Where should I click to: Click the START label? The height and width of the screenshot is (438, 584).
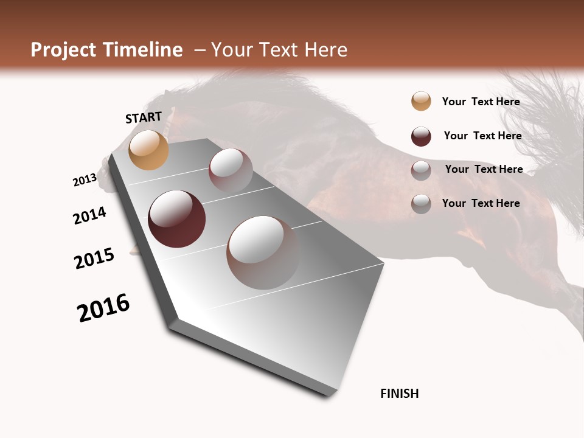[x=144, y=117]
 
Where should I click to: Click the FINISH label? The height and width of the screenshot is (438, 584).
[x=399, y=394]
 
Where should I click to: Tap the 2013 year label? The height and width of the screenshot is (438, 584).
[x=85, y=179]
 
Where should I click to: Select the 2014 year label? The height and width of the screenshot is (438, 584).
[x=89, y=215]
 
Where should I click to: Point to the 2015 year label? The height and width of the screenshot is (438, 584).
[x=94, y=259]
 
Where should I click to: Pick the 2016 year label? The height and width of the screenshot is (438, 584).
[x=103, y=308]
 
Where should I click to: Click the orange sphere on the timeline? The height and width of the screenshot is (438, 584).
[x=148, y=150]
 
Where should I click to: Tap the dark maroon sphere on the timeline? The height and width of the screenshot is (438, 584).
[x=176, y=219]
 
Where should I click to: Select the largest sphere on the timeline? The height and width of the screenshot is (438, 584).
[x=263, y=252]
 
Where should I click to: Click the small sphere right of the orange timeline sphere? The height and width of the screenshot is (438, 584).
[x=231, y=170]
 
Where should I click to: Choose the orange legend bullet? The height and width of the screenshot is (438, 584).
[x=421, y=101]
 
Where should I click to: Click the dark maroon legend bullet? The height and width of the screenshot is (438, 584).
[x=421, y=136]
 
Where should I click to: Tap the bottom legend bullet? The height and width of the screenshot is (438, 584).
[x=421, y=204]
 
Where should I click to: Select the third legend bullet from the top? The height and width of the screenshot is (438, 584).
[x=421, y=170]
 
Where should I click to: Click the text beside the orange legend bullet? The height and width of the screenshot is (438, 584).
[x=481, y=102]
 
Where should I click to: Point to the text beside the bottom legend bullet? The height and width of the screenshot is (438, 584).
[x=481, y=203]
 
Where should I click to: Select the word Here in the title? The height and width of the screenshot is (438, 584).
[x=325, y=50]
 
